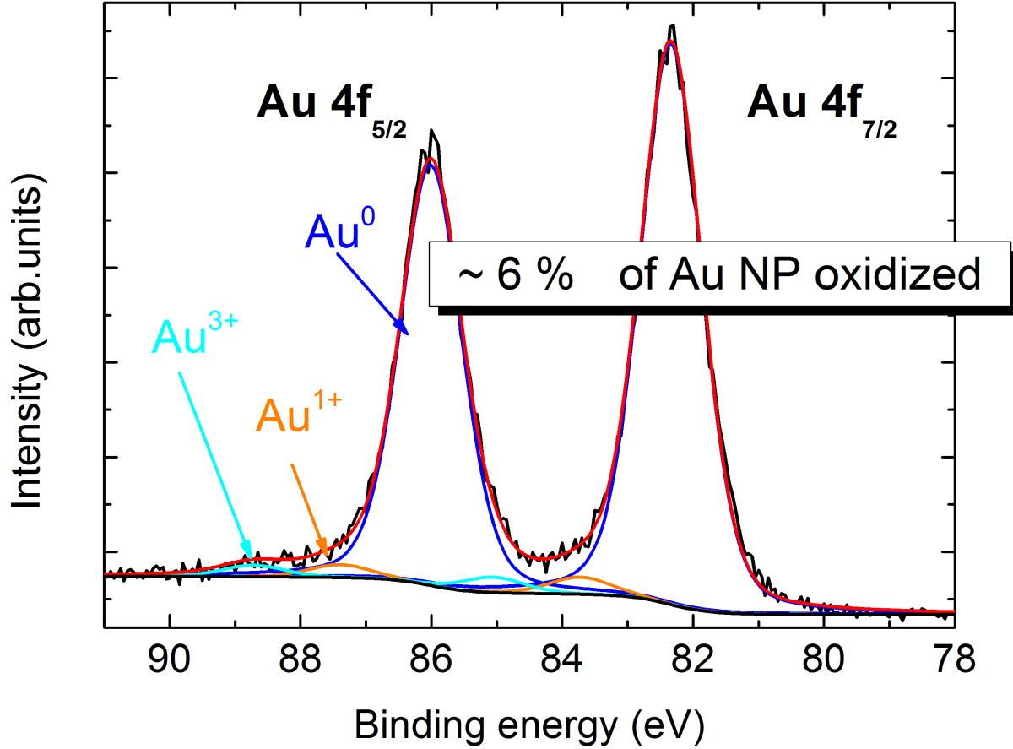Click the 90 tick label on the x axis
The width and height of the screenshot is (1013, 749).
click(171, 660)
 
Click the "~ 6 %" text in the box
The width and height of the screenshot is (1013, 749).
click(512, 276)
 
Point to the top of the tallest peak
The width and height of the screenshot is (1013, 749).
click(672, 26)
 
